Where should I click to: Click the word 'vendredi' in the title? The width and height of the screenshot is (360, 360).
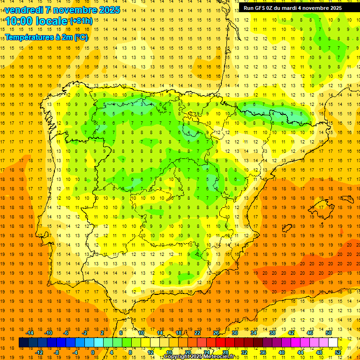pyautogui.click(x=24, y=10)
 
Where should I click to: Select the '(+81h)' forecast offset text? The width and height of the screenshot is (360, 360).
pyautogui.click(x=81, y=21)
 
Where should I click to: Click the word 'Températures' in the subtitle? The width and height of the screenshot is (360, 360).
pyautogui.click(x=28, y=37)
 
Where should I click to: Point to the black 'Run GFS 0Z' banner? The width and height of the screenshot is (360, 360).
pyautogui.click(x=292, y=8)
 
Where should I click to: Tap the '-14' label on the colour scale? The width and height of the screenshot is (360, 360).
pyautogui.click(x=30, y=333)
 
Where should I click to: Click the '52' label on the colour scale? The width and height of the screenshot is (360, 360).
pyautogui.click(x=337, y=352)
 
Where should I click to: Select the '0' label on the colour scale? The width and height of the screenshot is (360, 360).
pyautogui.click(x=92, y=352)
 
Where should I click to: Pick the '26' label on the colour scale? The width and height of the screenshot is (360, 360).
pyautogui.click(x=216, y=333)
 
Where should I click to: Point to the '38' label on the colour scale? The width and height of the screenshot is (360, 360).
pyautogui.click(x=272, y=333)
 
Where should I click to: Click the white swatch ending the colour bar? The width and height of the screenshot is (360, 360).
pyautogui.click(x=333, y=343)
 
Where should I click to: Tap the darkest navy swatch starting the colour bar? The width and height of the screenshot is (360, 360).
pyautogui.click(x=23, y=343)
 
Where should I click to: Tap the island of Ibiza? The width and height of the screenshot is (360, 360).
pyautogui.click(x=287, y=229)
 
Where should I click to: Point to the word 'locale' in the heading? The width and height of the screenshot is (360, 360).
pyautogui.click(x=53, y=21)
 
